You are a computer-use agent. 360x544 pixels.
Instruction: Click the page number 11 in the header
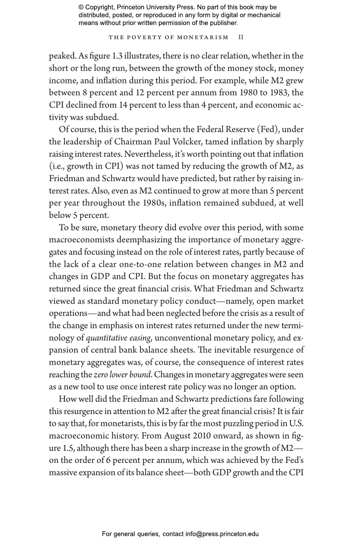pos(241,37)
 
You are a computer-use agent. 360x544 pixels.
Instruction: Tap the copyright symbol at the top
pos(81,7)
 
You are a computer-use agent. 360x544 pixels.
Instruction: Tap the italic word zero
pos(101,375)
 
